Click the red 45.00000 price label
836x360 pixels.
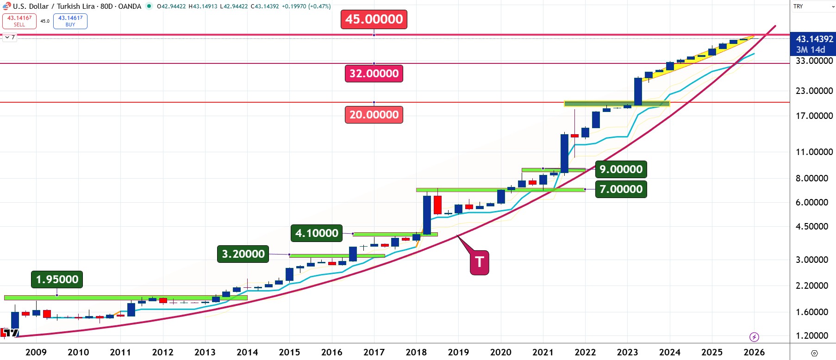click(x=374, y=19)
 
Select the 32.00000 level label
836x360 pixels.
click(x=374, y=74)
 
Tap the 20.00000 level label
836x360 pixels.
click(x=374, y=115)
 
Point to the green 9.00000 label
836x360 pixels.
click(x=621, y=169)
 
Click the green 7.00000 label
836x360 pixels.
click(x=621, y=189)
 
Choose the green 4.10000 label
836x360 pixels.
click(x=317, y=233)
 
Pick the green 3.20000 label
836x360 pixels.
click(x=243, y=254)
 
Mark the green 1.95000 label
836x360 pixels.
click(x=57, y=279)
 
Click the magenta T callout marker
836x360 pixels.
click(x=480, y=262)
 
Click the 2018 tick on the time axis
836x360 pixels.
click(x=416, y=352)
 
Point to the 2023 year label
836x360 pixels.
click(x=627, y=352)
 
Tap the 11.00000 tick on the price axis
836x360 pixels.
click(x=814, y=152)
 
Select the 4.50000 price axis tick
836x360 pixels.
click(x=812, y=226)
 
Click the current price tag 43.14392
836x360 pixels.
click(x=814, y=39)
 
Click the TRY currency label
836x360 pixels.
click(x=798, y=6)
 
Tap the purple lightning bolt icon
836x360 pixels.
click(x=754, y=337)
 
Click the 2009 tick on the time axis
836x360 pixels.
click(x=36, y=352)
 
